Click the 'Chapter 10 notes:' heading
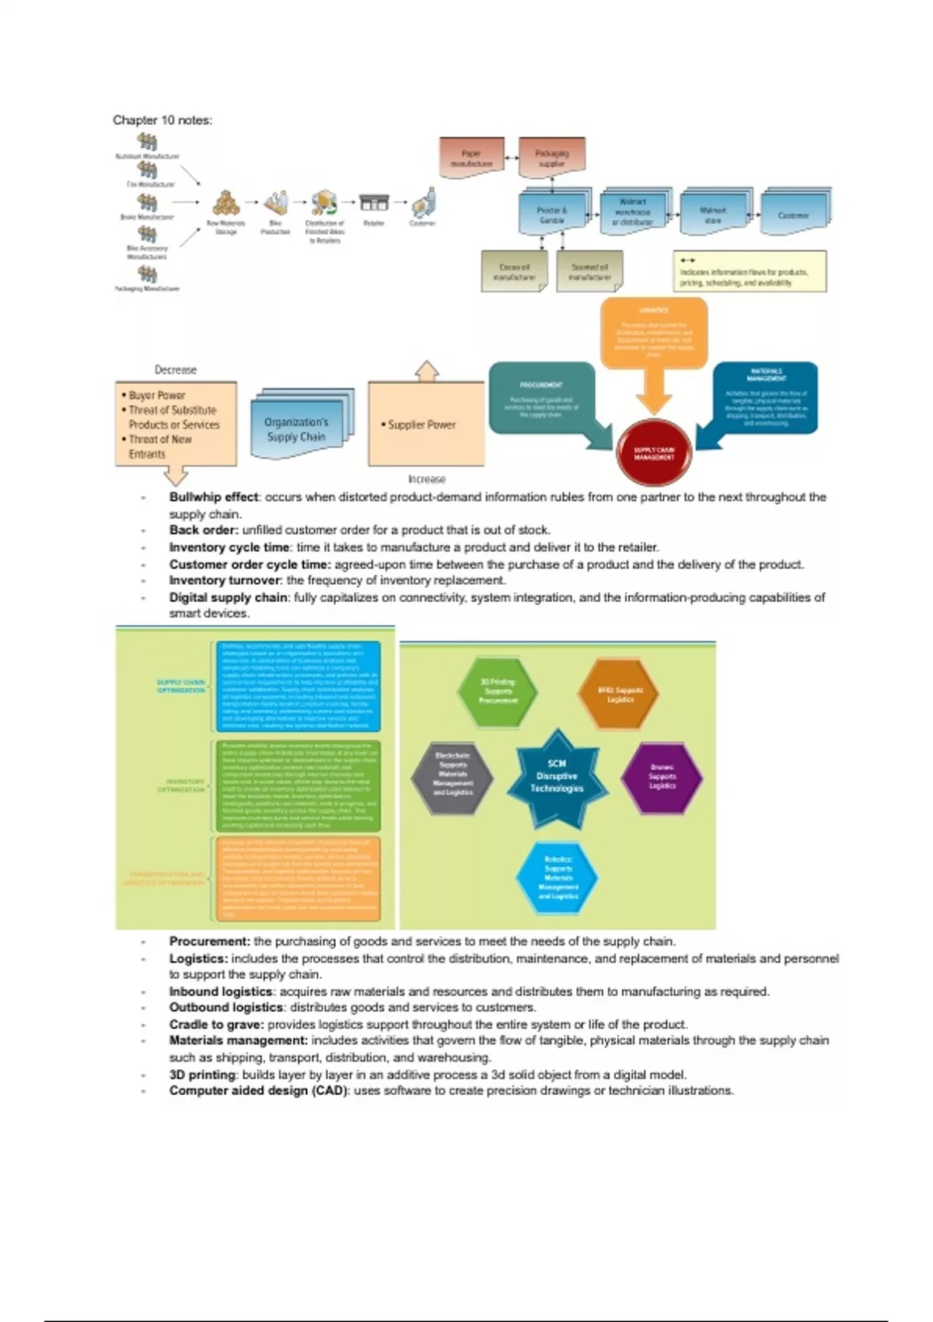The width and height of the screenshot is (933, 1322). (162, 120)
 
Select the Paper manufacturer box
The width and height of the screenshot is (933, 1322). (472, 157)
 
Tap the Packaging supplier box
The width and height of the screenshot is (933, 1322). (551, 157)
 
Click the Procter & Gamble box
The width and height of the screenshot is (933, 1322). (552, 214)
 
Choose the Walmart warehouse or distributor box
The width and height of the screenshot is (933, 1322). (633, 212)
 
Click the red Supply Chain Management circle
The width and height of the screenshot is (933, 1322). (654, 453)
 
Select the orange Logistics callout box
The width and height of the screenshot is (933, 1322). (654, 333)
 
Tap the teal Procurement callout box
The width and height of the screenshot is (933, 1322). (541, 398)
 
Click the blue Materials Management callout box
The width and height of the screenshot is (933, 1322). (766, 397)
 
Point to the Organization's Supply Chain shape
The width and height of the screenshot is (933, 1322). (298, 428)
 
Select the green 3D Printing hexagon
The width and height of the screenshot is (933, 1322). (498, 691)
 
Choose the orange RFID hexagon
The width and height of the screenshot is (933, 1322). (620, 694)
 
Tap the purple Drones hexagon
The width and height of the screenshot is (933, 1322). (662, 776)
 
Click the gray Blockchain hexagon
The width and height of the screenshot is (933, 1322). (453, 775)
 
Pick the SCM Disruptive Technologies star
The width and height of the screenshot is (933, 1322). (557, 776)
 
